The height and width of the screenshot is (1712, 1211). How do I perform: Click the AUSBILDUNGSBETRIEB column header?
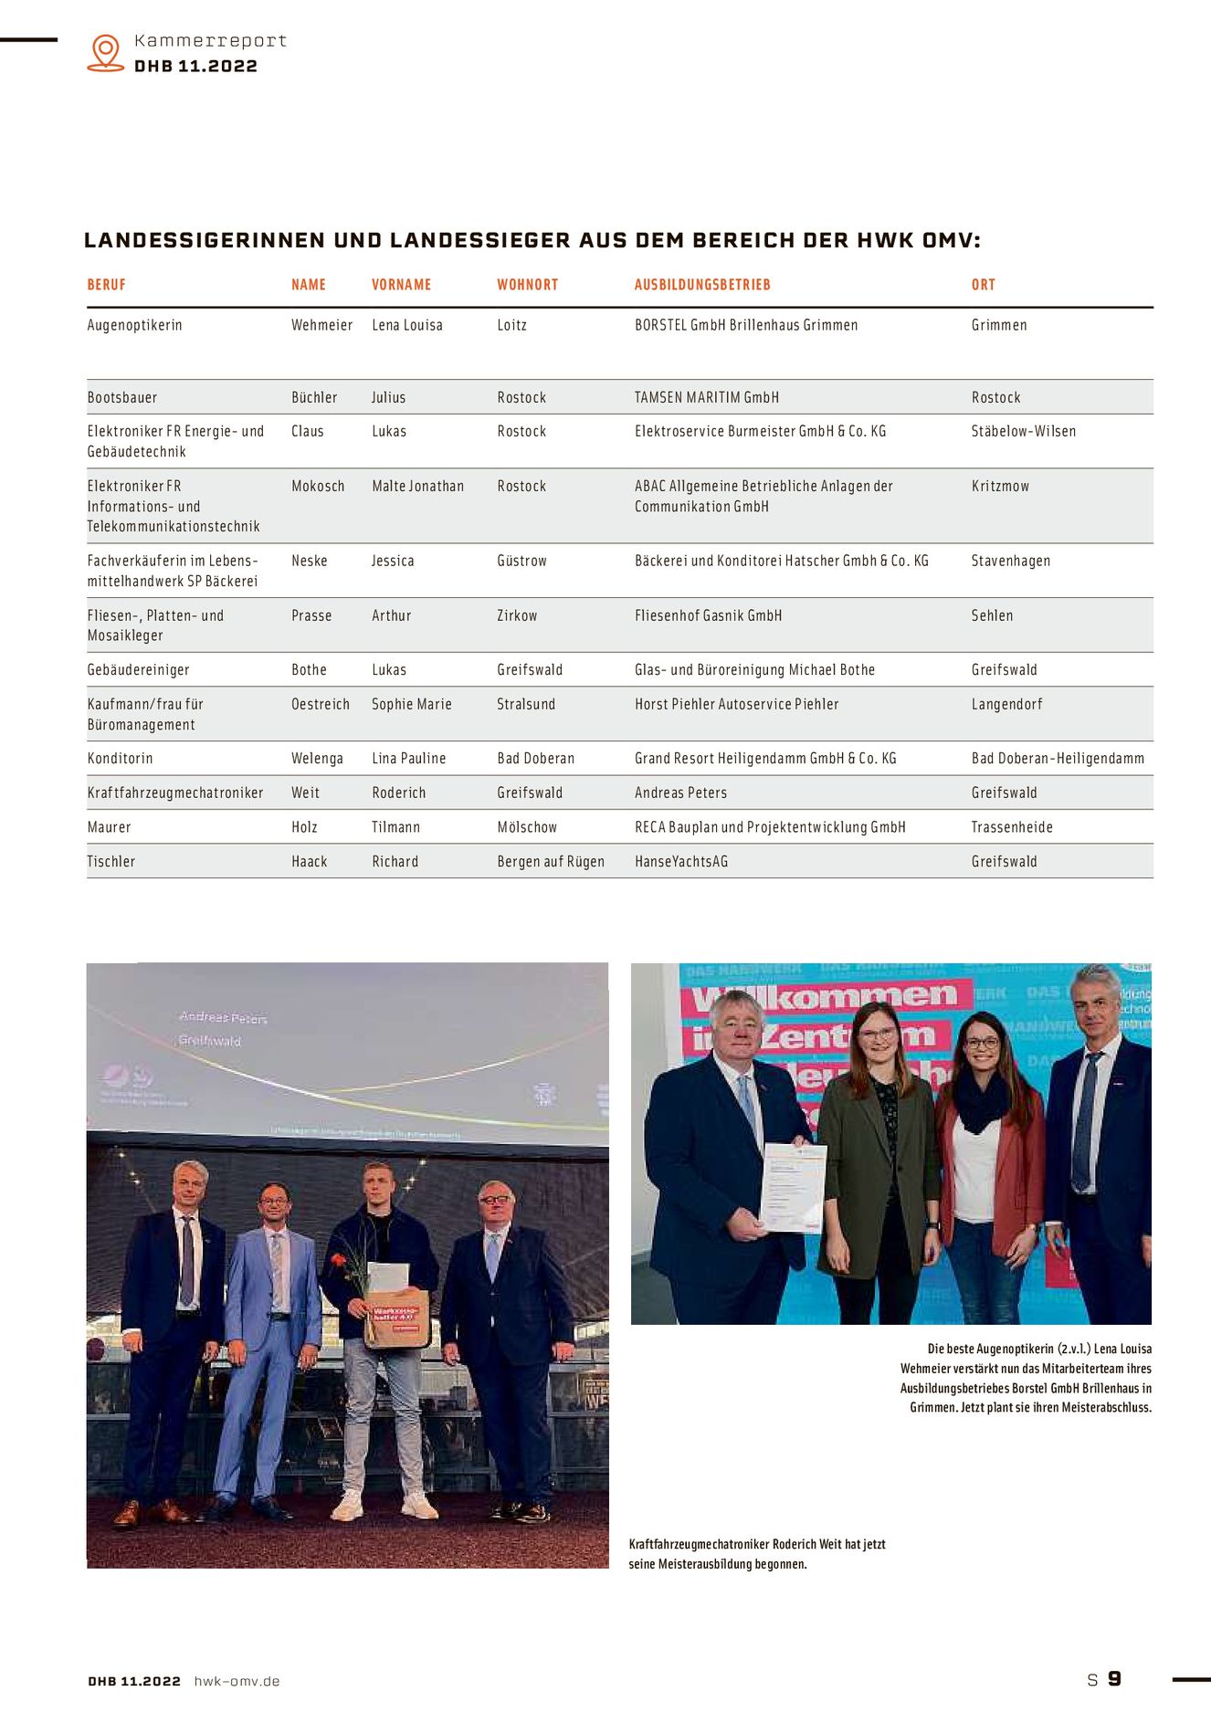click(702, 285)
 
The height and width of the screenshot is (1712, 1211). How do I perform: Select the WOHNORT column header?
click(527, 285)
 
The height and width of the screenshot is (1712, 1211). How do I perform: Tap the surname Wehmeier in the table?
click(321, 325)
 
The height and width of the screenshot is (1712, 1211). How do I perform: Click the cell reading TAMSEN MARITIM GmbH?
click(706, 397)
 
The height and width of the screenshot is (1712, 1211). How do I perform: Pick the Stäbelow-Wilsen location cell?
click(1023, 431)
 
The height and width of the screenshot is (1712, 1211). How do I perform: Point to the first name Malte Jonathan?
click(417, 486)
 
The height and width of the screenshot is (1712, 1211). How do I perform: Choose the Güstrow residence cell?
click(521, 561)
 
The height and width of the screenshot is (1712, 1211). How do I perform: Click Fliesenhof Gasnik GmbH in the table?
click(708, 615)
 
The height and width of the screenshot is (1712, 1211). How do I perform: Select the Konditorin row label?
click(120, 758)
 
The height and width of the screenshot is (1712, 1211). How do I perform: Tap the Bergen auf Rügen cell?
click(551, 861)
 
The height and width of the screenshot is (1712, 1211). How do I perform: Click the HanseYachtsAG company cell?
click(681, 861)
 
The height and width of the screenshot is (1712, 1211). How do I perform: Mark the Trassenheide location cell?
click(1012, 827)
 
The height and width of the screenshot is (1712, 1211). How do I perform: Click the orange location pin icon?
click(106, 52)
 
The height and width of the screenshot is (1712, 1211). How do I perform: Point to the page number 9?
click(1114, 1679)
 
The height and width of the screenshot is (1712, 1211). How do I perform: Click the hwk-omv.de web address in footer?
click(237, 1681)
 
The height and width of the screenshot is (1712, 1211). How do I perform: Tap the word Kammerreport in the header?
click(210, 41)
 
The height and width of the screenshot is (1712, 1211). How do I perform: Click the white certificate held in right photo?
click(793, 1188)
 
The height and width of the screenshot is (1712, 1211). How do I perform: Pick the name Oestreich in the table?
click(321, 704)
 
